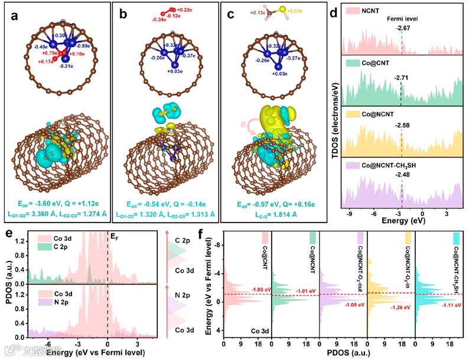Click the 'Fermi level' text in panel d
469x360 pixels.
click(x=404, y=19)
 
